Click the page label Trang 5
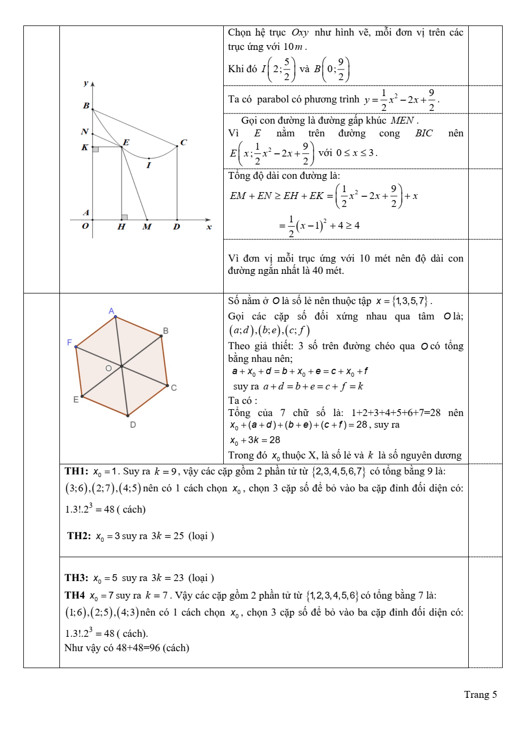click(x=480, y=695)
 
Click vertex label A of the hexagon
click(x=111, y=311)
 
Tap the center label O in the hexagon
click(x=109, y=368)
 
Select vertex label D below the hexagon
click(x=133, y=425)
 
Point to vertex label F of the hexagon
click(x=69, y=343)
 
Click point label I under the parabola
click(x=148, y=166)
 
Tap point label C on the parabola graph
click(x=183, y=142)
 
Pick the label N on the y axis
click(x=84, y=132)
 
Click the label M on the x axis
click(x=147, y=227)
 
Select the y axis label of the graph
click(x=86, y=83)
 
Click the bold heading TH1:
click(x=76, y=471)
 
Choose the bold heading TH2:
click(x=79, y=536)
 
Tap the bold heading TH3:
click(x=76, y=578)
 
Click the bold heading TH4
click(x=75, y=595)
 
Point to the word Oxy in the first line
click(x=300, y=33)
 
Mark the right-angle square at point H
click(x=125, y=217)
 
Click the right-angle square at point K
click(x=95, y=150)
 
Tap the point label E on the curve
click(x=126, y=142)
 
